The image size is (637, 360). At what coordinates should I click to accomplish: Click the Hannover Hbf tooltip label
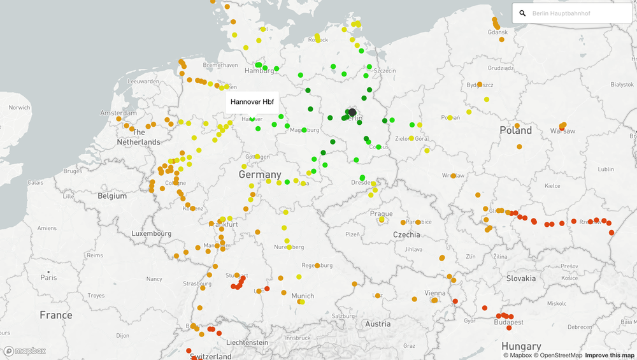pyautogui.click(x=252, y=102)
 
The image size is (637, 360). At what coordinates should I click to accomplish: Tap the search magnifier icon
pyautogui.click(x=522, y=13)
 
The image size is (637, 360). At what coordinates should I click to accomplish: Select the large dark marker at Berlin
pyautogui.click(x=352, y=112)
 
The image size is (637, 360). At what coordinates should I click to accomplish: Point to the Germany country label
pyautogui.click(x=260, y=175)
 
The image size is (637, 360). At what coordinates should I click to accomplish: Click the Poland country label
pyautogui.click(x=515, y=131)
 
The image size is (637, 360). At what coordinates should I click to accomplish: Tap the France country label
pyautogui.click(x=56, y=315)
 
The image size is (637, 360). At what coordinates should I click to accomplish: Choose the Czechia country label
pyautogui.click(x=406, y=234)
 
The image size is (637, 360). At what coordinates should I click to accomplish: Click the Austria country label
pyautogui.click(x=378, y=324)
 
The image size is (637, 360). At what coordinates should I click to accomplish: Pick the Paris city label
pyautogui.click(x=48, y=278)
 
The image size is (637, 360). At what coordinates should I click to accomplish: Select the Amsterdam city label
pyautogui.click(x=101, y=113)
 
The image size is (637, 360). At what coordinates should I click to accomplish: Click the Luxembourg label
pyautogui.click(x=152, y=234)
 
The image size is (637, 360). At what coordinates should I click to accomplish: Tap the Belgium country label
pyautogui.click(x=112, y=196)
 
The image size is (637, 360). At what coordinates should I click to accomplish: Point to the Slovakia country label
pyautogui.click(x=521, y=278)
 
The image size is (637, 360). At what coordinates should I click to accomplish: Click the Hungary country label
pyautogui.click(x=520, y=347)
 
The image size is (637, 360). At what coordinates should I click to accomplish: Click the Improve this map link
pyautogui.click(x=610, y=356)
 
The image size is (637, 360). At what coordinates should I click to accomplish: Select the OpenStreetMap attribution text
pyautogui.click(x=559, y=356)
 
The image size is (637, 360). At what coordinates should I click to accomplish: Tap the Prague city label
pyautogui.click(x=382, y=214)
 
